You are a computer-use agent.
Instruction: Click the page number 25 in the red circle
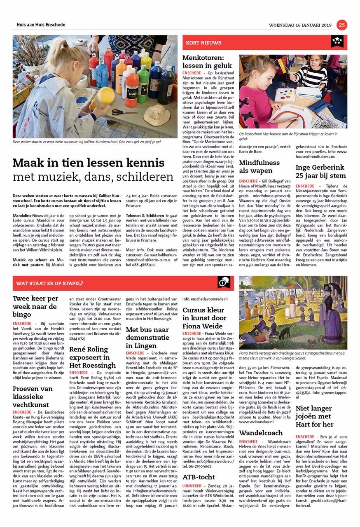click(x=342, y=25)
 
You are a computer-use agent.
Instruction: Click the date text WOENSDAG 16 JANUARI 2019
click(x=300, y=25)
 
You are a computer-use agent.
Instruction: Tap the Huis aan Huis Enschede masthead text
click(x=41, y=25)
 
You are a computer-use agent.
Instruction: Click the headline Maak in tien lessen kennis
click(x=89, y=163)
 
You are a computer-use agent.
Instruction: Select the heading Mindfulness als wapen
click(x=259, y=167)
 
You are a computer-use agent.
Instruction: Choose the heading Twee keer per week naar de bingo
click(x=35, y=306)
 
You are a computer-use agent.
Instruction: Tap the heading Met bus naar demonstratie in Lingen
click(x=147, y=338)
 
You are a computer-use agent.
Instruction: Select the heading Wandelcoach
click(x=261, y=433)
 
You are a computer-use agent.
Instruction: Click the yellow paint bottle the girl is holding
click(x=102, y=98)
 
